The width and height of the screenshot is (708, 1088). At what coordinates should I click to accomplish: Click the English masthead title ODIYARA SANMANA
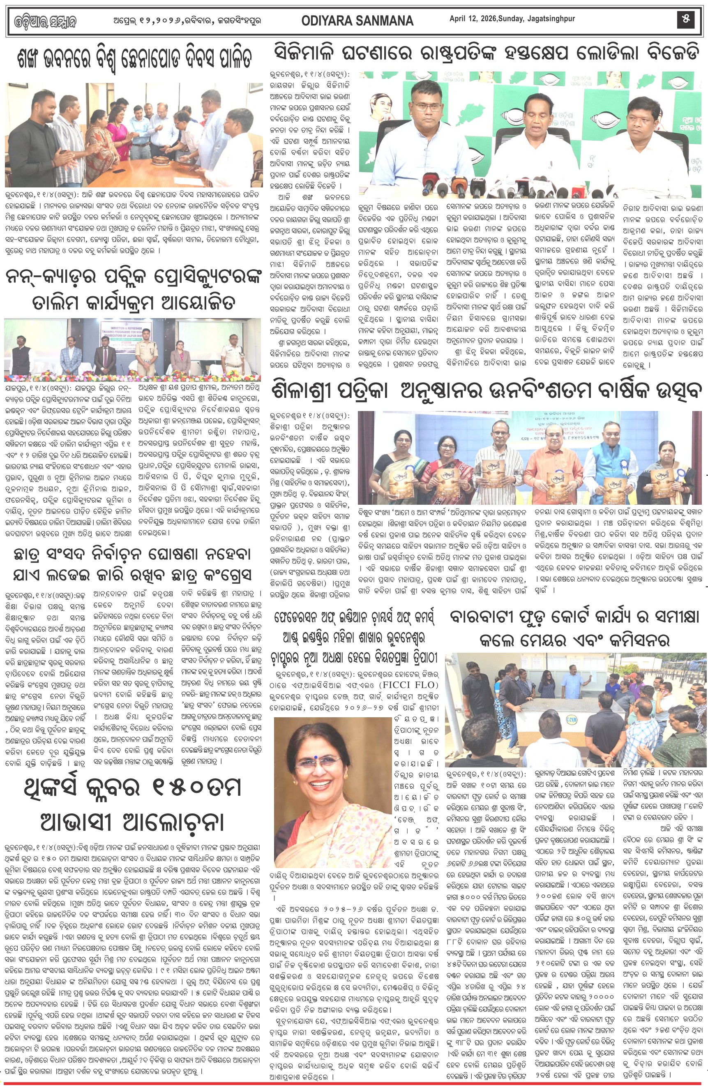pos(357,21)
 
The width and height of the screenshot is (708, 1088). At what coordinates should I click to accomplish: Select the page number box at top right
pos(685,19)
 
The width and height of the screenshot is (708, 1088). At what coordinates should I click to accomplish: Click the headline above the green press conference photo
pos(487,53)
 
